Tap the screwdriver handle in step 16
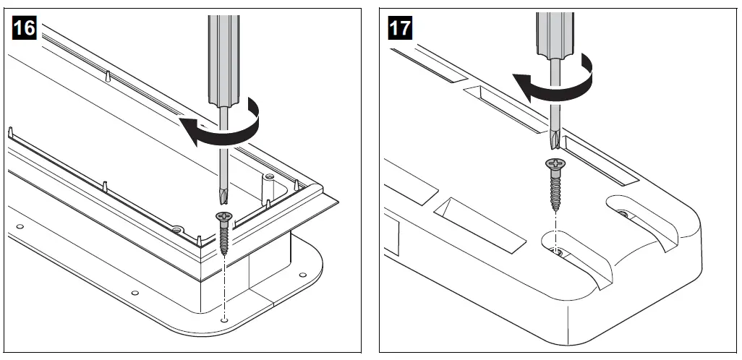(221, 58)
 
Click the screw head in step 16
(226, 216)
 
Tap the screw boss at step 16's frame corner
(269, 176)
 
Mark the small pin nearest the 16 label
(12, 133)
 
